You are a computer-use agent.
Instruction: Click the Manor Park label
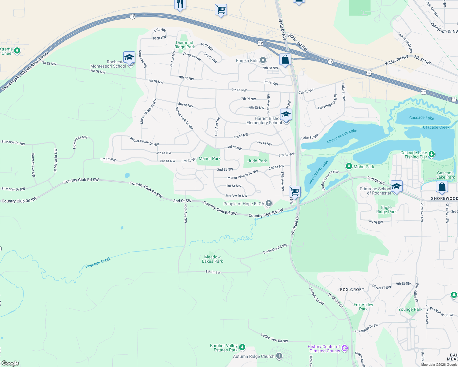209,158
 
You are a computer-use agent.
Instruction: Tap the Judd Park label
257,161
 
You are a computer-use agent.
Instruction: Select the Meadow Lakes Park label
212,259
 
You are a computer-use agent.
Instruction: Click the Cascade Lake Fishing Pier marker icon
432,154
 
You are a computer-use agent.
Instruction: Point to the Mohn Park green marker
349,166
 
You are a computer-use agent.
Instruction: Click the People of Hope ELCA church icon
268,203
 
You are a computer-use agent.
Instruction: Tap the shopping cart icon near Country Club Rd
295,191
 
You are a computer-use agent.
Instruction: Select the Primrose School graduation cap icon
396,186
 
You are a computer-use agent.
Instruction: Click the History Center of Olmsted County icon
345,348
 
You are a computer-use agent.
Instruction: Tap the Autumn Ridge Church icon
279,356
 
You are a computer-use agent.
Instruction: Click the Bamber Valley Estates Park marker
242,347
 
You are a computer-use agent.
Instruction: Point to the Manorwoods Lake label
342,136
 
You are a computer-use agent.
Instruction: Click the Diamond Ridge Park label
185,45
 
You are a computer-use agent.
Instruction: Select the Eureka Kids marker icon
263,60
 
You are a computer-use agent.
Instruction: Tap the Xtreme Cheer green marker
17,51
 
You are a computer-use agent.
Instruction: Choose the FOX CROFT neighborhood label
352,290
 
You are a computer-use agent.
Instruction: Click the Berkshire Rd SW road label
275,249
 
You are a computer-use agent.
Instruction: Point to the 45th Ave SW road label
186,213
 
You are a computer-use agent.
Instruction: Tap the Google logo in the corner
10,363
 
